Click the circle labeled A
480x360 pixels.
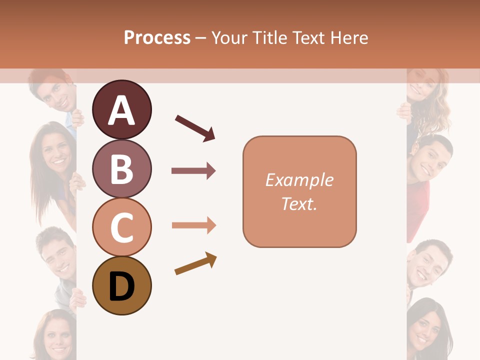pos(122,109)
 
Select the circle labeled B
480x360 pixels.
pos(122,168)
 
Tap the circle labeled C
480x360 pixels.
pos(122,227)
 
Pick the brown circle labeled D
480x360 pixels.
pos(122,286)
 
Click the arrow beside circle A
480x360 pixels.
pos(195,127)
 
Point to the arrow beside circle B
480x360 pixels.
pos(193,171)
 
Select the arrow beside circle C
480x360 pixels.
pos(193,225)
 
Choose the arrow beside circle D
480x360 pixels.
pos(195,263)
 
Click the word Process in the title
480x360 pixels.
pos(157,37)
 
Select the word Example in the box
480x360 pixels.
pos(299,180)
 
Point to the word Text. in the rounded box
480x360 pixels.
pos(299,204)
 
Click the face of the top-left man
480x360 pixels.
pos(55,93)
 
